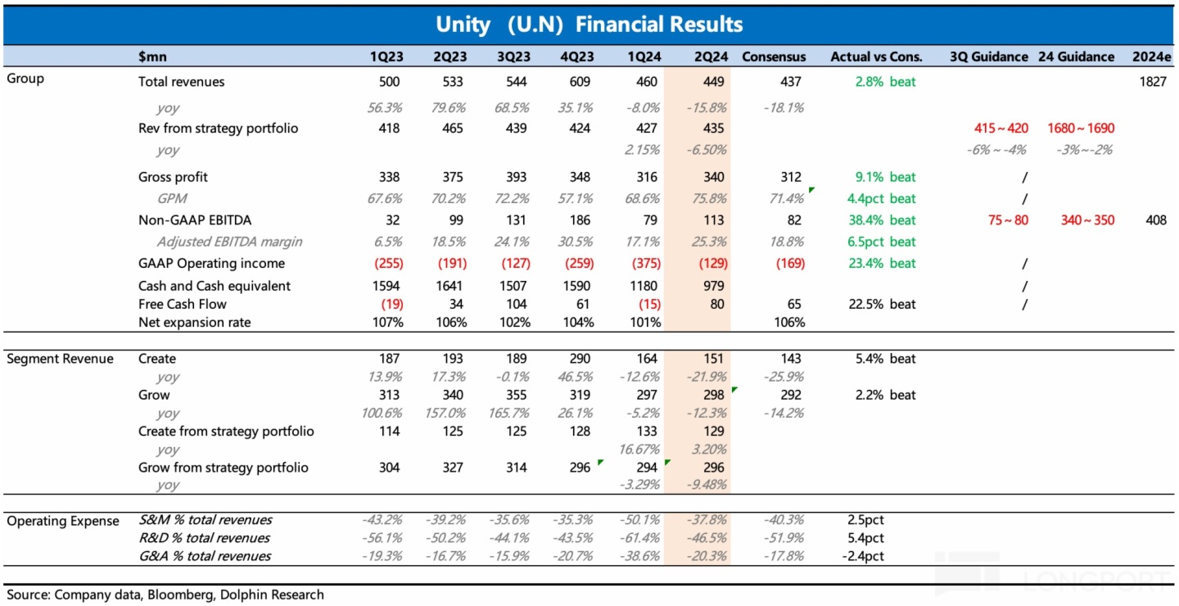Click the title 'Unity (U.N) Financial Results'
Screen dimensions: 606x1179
pyautogui.click(x=589, y=25)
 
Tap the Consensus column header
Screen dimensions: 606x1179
pyautogui.click(x=774, y=57)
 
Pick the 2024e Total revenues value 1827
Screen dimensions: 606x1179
pyautogui.click(x=1151, y=82)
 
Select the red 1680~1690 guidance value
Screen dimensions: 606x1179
pyautogui.click(x=1080, y=128)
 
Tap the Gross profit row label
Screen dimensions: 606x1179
pyautogui.click(x=173, y=177)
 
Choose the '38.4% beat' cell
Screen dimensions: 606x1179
pyautogui.click(x=883, y=219)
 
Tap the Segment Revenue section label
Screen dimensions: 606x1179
pyautogui.click(x=60, y=359)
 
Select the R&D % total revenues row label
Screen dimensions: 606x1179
pyautogui.click(x=205, y=538)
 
